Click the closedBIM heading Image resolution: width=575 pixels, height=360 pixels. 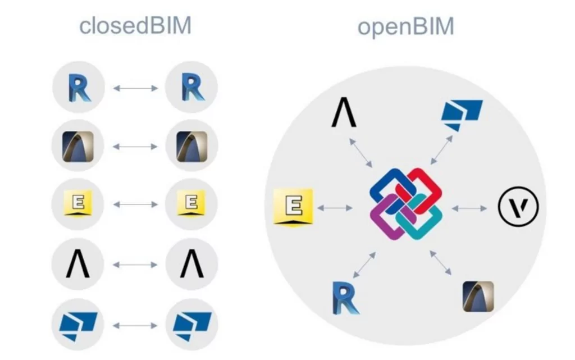(135, 26)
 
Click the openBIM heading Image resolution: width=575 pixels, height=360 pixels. (405, 27)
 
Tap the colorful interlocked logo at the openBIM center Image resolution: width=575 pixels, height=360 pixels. (405, 203)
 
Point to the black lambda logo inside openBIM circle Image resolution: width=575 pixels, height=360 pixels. (344, 113)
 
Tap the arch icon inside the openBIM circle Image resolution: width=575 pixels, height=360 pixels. (478, 297)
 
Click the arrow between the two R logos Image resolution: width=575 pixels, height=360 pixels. (135, 88)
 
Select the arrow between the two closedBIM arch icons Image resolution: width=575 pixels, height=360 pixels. (135, 147)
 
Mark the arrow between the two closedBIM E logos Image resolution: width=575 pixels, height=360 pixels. (135, 205)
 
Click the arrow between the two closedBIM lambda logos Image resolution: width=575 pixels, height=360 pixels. (135, 265)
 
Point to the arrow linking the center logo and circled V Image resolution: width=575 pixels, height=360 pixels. (469, 208)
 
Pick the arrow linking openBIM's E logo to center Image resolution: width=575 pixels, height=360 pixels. (335, 208)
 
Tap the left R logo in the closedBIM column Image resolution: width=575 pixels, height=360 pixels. (79, 88)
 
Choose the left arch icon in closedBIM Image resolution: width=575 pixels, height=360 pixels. (79, 146)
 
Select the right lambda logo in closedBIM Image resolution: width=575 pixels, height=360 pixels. (191, 264)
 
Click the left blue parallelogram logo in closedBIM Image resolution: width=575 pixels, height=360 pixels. (79, 325)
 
